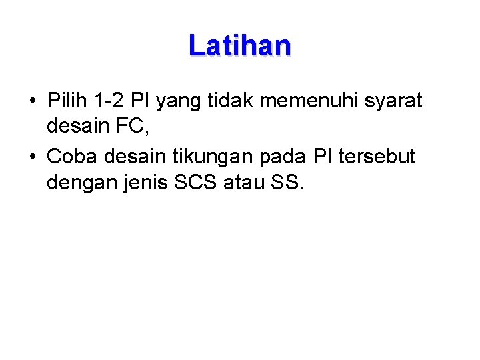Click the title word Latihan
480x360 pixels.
[239, 46]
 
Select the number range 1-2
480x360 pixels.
[109, 101]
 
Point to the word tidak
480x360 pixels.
[229, 101]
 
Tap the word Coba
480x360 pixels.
[72, 157]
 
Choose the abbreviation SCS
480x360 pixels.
[198, 182]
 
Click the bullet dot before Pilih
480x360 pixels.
[32, 102]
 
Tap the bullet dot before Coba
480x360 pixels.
[32, 158]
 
